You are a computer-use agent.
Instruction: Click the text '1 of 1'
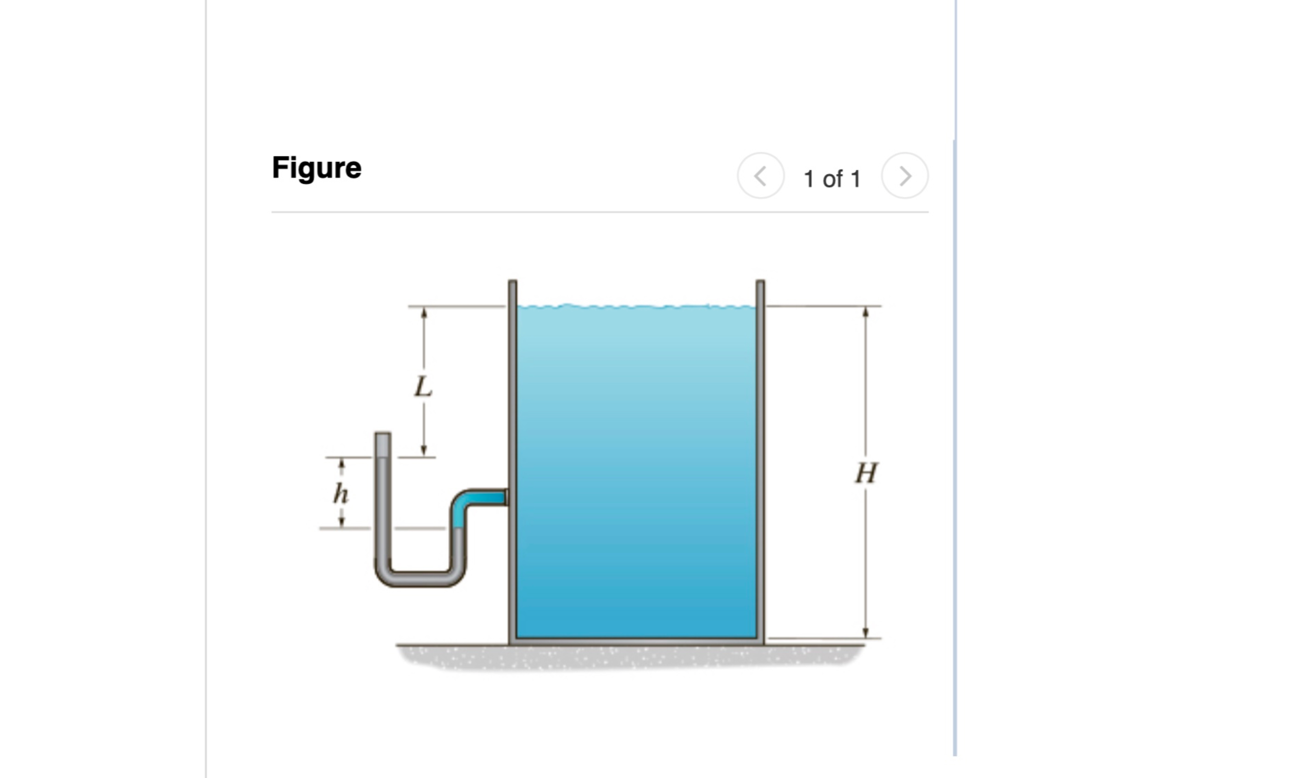coord(832,179)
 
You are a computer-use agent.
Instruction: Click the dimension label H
coord(866,473)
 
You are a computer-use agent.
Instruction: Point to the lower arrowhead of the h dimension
coord(341,522)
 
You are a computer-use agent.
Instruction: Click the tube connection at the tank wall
coord(506,497)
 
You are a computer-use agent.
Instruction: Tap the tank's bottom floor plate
coord(636,641)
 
